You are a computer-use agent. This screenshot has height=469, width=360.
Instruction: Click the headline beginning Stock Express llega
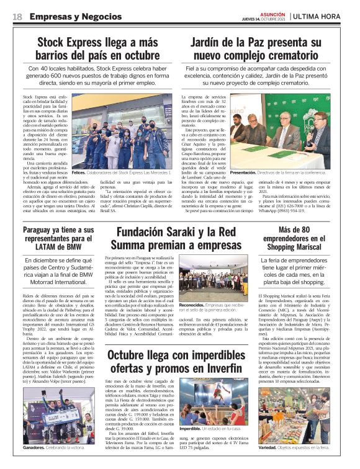pyautogui.click(x=98, y=48)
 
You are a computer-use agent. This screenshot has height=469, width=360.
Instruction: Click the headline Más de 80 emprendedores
pyautogui.click(x=297, y=239)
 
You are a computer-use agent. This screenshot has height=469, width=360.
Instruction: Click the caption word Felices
pyautogui.click(x=79, y=172)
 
